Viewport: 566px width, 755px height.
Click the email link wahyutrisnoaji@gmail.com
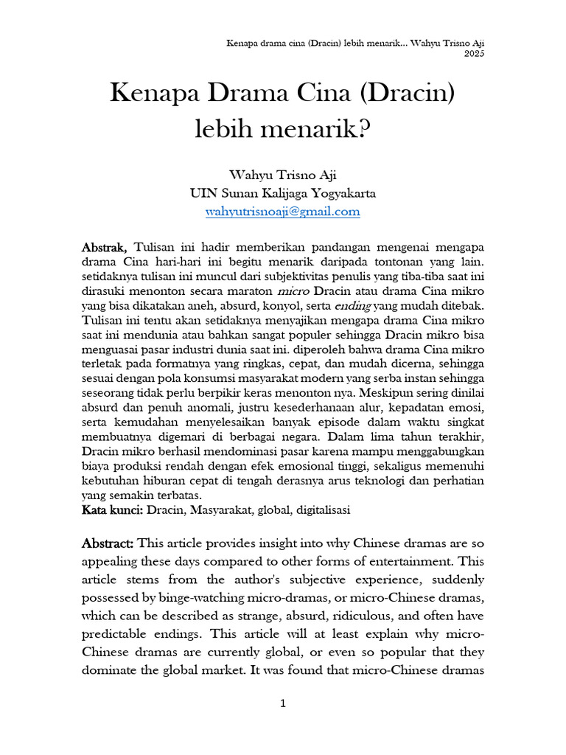coord(283,212)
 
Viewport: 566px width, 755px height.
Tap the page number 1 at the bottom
coord(282,704)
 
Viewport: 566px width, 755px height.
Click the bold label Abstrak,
coord(105,246)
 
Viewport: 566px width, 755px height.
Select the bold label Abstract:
coord(108,543)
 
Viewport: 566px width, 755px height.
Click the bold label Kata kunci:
coord(113,509)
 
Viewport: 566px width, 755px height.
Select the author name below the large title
coord(282,176)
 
